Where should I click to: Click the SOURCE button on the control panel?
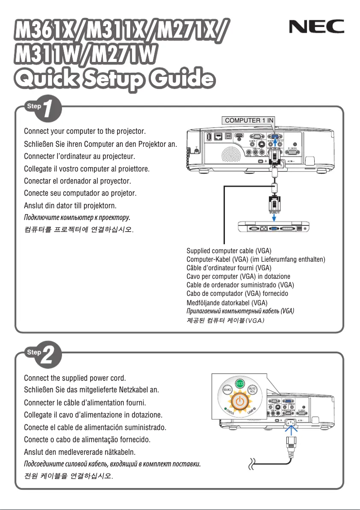pyautogui.click(x=227, y=390)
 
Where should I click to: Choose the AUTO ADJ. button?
pyautogui.click(x=254, y=390)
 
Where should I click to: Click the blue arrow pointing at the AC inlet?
pyautogui.click(x=289, y=433)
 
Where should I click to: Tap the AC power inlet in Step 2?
pyautogui.click(x=289, y=422)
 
